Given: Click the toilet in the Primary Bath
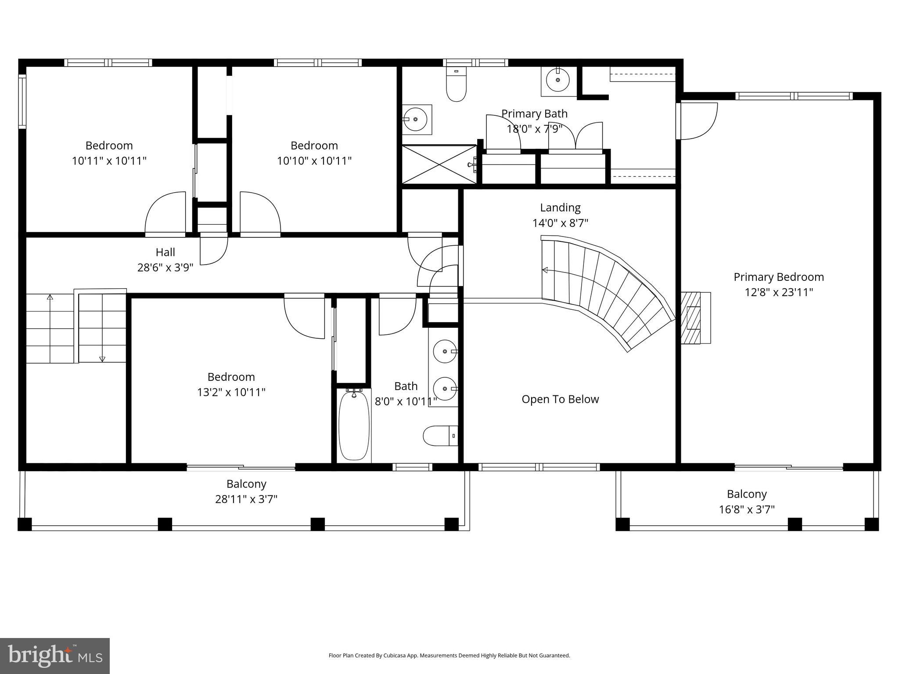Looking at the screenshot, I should click(456, 85).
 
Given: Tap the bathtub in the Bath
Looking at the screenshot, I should click(354, 424).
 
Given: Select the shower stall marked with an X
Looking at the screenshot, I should click(439, 165).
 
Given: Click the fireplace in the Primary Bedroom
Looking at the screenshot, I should click(695, 318).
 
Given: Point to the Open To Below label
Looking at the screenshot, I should click(560, 399).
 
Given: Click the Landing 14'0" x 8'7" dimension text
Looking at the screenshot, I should click(560, 223).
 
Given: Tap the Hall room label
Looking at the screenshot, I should click(165, 252).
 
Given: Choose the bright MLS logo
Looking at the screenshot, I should click(55, 656).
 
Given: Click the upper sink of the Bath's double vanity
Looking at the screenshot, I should click(445, 351).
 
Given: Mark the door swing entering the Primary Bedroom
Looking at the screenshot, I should click(698, 120).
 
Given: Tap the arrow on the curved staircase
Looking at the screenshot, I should click(545, 270).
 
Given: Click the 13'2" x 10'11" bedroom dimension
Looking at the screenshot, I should click(231, 392).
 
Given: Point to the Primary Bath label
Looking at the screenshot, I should click(534, 114).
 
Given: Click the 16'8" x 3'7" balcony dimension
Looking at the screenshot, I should click(746, 509).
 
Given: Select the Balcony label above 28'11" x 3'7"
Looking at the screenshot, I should click(246, 484).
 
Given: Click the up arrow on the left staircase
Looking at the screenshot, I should click(50, 298).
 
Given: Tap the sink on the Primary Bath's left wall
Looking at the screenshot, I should click(415, 119).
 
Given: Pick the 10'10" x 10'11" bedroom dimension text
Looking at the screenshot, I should click(314, 161).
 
